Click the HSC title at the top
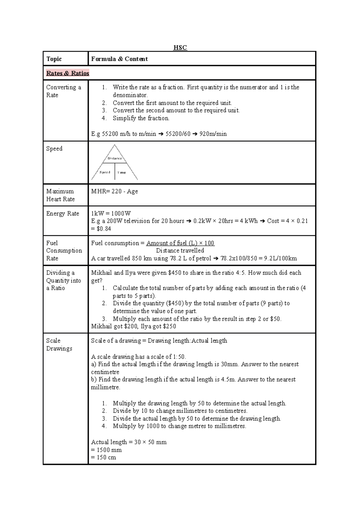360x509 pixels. click(180, 48)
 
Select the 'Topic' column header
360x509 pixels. click(54, 59)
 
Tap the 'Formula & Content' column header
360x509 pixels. click(119, 59)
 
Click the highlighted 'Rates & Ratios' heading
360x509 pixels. click(68, 73)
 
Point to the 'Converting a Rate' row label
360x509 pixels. click(63, 91)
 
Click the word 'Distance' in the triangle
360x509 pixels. click(115, 158)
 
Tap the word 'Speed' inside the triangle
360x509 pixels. click(105, 172)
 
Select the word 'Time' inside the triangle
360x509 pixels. click(121, 173)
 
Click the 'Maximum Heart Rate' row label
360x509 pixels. click(60, 195)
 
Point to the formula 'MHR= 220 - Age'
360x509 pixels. click(115, 191)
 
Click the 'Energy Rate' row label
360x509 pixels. click(62, 213)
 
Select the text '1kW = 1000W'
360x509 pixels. click(111, 213)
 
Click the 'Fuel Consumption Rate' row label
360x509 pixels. click(64, 251)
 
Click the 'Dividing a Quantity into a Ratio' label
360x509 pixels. click(63, 280)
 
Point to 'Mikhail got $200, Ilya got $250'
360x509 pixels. click(133, 326)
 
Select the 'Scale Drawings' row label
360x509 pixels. click(59, 344)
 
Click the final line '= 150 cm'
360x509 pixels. click(103, 457)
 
